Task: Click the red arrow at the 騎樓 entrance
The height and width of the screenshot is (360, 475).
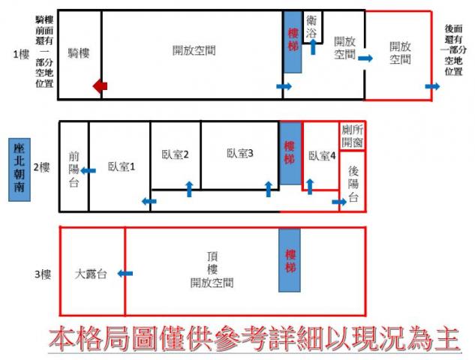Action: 100,86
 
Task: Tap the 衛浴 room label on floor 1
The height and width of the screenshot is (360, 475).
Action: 311,27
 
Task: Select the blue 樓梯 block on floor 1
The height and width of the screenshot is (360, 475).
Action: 293,42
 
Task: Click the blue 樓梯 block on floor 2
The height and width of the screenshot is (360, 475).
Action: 290,153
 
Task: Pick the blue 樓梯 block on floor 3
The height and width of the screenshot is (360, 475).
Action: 290,260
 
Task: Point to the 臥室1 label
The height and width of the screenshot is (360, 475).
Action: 121,166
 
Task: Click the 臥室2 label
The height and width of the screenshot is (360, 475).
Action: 175,154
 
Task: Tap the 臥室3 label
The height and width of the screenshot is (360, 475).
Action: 239,153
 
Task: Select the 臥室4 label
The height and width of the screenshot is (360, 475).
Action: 322,156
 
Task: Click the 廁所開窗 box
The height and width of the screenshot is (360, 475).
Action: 352,136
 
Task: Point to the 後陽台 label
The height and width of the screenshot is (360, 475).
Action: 353,184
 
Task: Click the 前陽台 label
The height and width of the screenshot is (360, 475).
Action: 74,169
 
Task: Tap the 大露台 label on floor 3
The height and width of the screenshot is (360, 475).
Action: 91,274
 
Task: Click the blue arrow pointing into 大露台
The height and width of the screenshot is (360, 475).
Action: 125,274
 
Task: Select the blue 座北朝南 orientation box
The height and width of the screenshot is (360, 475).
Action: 20,169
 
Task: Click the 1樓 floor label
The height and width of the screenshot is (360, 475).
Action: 21,55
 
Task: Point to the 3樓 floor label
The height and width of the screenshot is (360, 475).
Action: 43,274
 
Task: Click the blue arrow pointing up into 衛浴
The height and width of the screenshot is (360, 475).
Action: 313,47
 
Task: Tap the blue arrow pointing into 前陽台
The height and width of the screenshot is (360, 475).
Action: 88,171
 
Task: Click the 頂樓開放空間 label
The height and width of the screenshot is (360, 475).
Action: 212,270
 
